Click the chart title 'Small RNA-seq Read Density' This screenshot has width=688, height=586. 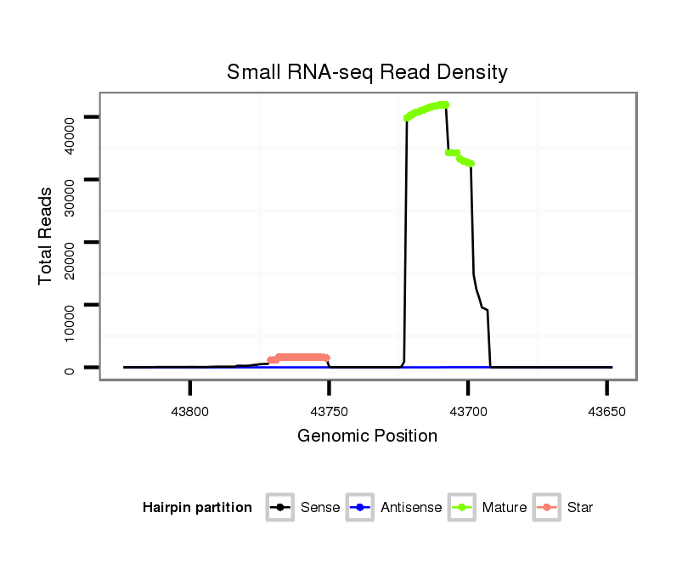(367, 72)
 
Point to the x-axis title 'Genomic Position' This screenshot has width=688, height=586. (367, 437)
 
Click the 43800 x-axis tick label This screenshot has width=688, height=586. (190, 410)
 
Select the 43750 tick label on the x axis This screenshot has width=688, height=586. (329, 410)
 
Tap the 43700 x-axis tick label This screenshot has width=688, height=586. (468, 410)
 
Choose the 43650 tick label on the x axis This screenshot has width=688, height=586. (606, 410)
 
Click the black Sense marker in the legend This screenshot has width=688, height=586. (279, 508)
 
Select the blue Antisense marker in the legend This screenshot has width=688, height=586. (360, 508)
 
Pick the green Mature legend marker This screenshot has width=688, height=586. (462, 508)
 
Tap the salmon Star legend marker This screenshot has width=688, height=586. (546, 508)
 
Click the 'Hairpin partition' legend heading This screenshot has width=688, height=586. (197, 508)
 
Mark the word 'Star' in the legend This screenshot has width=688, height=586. (580, 508)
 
